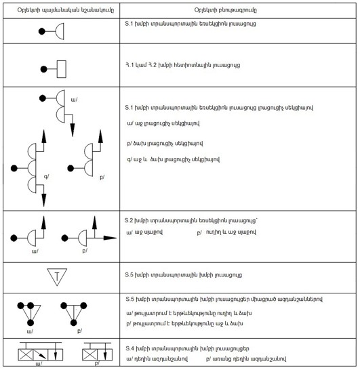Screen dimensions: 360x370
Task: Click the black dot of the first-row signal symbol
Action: [x=42, y=31]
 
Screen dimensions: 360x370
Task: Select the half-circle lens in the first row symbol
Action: [x=60, y=31]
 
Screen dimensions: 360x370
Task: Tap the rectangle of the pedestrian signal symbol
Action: [x=62, y=69]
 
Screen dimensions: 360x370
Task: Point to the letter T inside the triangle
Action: [x=57, y=276]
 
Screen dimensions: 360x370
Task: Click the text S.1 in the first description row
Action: [x=129, y=24]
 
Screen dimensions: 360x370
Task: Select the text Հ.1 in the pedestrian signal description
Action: [x=129, y=65]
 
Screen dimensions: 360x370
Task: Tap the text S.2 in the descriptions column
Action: [x=129, y=220]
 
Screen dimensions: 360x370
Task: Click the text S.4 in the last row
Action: [x=130, y=348]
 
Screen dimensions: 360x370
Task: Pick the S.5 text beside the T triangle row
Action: [x=129, y=274]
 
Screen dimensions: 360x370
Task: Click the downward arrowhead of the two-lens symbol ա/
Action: [x=73, y=130]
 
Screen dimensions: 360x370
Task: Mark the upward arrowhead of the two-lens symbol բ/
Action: [x=100, y=136]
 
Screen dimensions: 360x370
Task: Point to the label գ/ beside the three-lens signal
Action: [x=47, y=176]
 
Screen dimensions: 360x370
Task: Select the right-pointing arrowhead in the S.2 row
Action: [x=110, y=238]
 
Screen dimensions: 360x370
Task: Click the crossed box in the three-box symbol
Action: [x=26, y=354]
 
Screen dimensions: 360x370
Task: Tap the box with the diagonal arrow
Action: [x=41, y=354]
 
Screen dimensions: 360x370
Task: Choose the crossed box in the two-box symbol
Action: [x=89, y=354]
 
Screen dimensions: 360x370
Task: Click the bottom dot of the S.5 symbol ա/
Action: [x=31, y=323]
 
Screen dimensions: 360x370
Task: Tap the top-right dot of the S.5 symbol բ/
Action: [x=83, y=306]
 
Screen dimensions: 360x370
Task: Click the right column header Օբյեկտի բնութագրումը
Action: [x=226, y=10]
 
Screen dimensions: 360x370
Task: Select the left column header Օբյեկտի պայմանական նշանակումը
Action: [x=66, y=10]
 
